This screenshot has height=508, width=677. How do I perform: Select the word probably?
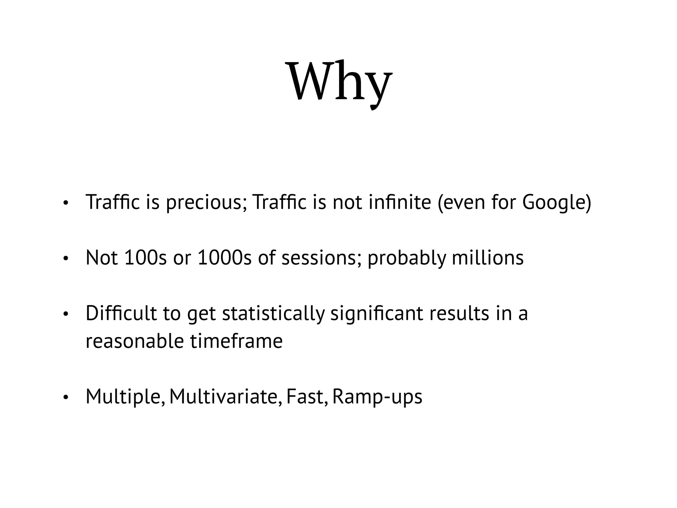coord(407,259)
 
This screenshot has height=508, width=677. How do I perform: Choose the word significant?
coord(377,314)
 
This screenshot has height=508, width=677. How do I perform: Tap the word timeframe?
coord(236,341)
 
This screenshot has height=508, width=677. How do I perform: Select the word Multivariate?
coord(225,397)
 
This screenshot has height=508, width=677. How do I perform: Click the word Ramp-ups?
coord(377,397)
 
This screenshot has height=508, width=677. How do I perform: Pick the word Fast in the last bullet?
coord(307,397)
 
